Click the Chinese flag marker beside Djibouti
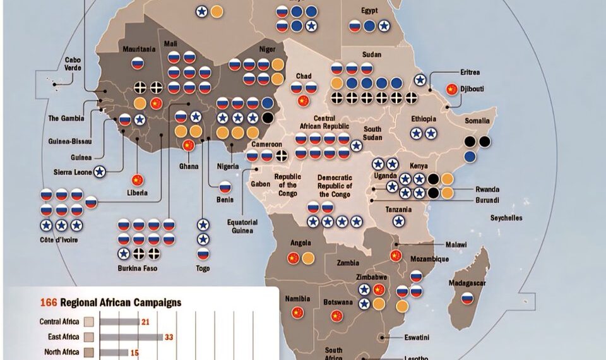point(451,90)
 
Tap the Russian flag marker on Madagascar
point(467,298)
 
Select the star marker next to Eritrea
point(420,80)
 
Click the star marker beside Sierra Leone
point(99,171)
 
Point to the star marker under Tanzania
point(399,220)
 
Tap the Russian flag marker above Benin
point(225,187)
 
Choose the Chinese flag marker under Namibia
point(298,312)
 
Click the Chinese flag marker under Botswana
point(336,315)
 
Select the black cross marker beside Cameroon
point(282,155)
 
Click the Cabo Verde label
point(73,64)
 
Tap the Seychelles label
point(506,218)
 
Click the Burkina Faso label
point(138,268)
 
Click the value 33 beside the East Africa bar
point(169,337)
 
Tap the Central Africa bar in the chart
point(119,322)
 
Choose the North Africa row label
point(61,352)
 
